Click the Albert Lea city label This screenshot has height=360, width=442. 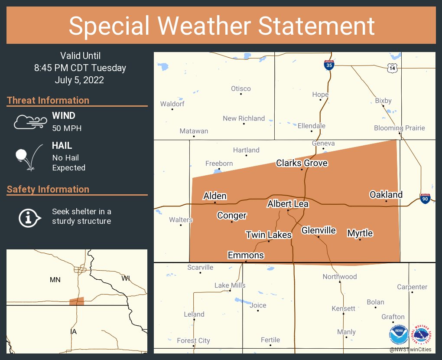288,204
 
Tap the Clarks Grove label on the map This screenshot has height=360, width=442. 302,163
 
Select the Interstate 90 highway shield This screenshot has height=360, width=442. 425,199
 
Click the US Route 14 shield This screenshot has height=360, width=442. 392,68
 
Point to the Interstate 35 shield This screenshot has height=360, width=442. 329,65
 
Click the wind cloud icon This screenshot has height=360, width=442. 29,122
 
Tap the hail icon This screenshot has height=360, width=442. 29,156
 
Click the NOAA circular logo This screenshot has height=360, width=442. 399,335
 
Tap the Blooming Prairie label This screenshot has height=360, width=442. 400,128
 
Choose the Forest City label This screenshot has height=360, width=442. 193,340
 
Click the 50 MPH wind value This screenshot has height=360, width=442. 67,128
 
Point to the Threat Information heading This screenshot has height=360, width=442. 48,100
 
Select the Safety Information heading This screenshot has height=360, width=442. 48,189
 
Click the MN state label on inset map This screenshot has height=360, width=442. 55,280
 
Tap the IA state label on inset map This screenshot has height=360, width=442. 73,332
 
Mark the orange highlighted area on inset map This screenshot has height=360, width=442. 77,301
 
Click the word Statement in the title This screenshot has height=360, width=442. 317,26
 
